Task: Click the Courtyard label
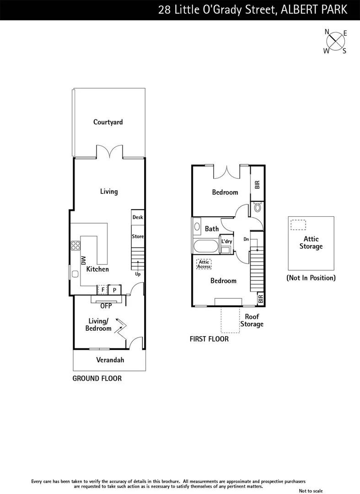[108, 122]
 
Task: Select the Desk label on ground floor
[138, 217]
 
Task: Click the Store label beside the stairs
[138, 236]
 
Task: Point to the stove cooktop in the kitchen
[75, 246]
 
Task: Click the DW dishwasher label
[84, 260]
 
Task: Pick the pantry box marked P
[114, 290]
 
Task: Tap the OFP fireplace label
[106, 306]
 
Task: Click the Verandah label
[110, 360]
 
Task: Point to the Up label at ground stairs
[137, 274]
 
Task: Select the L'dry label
[226, 241]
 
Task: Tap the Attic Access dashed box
[204, 264]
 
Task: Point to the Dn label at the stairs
[246, 239]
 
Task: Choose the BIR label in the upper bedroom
[257, 185]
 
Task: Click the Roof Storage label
[252, 320]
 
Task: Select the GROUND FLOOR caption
[97, 378]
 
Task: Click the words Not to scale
[311, 491]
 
